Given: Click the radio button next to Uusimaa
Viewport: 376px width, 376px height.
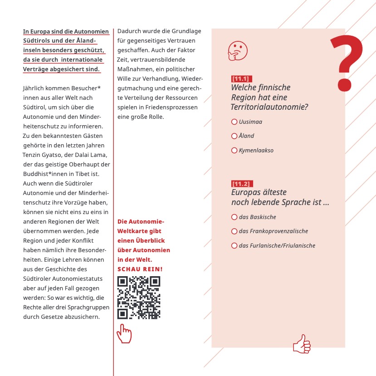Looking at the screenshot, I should point(234,122).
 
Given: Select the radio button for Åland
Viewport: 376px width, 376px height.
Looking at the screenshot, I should point(234,136).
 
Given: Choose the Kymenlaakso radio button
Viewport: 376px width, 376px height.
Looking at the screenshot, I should point(234,150).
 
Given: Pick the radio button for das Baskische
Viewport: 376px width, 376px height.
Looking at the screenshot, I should point(234,217).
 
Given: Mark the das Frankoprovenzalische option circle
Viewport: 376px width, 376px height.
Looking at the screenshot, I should point(234,231).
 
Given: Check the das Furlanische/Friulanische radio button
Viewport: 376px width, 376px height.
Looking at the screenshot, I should point(234,245).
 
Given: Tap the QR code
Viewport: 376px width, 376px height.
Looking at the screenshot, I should point(139,298).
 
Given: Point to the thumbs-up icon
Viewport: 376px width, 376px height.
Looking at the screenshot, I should point(302,344).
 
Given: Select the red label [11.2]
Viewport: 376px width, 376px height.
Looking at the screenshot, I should point(240,184).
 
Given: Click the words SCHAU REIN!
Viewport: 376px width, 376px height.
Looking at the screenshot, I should point(140,269).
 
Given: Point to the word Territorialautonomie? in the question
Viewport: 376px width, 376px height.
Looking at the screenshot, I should point(269,107).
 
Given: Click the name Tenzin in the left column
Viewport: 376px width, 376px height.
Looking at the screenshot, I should point(33,155).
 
